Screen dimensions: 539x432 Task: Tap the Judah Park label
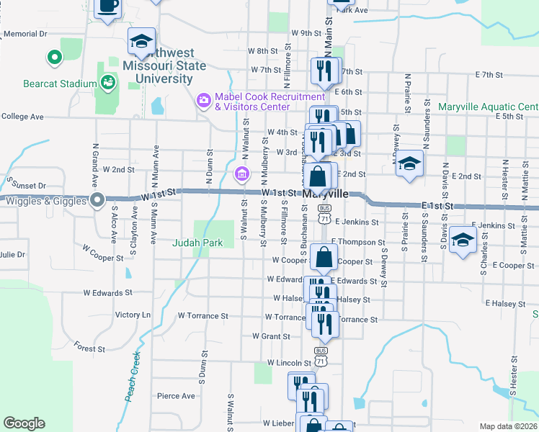coord(197,243)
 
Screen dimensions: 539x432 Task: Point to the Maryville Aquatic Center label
coord(488,107)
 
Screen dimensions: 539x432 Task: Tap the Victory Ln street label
coord(133,315)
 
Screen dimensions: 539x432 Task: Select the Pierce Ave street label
coord(176,395)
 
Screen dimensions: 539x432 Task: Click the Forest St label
coord(89,348)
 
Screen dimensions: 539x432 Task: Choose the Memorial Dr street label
coord(25,34)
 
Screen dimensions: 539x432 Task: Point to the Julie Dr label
coord(12,255)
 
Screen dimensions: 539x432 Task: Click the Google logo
coord(24,423)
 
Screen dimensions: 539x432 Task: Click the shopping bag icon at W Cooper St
coord(326,256)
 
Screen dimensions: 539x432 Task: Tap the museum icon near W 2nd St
coord(241,174)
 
